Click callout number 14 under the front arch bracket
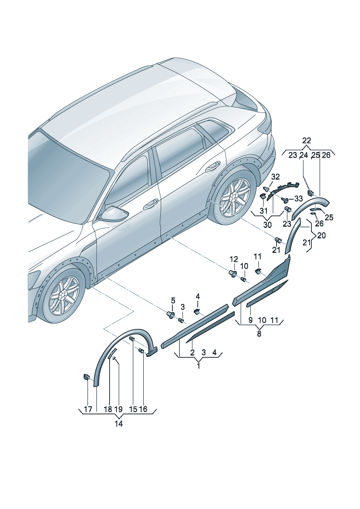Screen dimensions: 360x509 point(119,423)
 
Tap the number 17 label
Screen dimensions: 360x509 point(88,409)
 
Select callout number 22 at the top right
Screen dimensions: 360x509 point(307,140)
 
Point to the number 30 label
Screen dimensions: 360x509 point(267,225)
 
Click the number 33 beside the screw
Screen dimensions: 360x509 point(298,198)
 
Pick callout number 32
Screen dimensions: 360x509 point(275,177)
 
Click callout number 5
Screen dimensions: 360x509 point(173,300)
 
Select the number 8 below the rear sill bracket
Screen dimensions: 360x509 point(259,334)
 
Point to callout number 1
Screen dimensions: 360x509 point(199,366)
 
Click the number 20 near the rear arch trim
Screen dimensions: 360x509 point(321,235)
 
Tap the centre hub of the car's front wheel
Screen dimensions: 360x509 point(64,293)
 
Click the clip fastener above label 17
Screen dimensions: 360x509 point(87,377)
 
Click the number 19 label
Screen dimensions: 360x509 point(118,409)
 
